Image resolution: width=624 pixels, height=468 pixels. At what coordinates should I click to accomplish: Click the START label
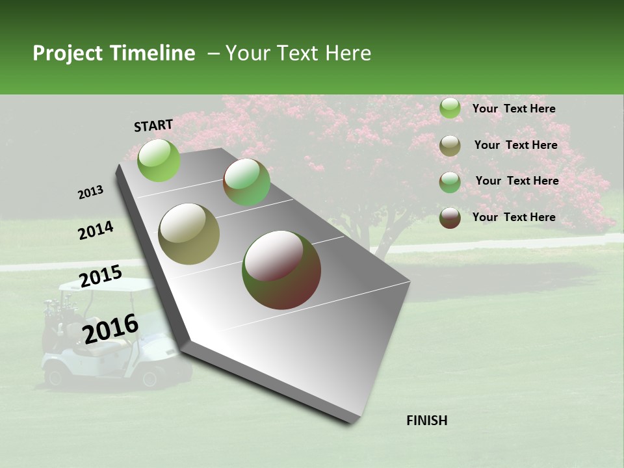[x=153, y=125]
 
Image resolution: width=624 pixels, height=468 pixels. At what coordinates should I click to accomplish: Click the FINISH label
[x=427, y=421]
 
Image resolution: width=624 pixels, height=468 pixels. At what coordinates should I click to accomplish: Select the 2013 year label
[x=91, y=192]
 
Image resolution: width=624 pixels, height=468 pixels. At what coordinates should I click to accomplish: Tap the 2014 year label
[x=96, y=231]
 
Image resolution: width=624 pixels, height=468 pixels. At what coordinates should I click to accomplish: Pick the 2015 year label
[x=101, y=276]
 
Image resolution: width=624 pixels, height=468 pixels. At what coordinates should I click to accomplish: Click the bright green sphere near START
[x=159, y=160]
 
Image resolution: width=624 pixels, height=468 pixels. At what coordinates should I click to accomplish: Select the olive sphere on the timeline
[x=189, y=234]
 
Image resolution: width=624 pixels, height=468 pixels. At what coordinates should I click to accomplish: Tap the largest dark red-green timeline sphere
[x=281, y=269]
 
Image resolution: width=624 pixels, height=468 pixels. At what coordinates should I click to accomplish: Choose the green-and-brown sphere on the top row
[x=247, y=182]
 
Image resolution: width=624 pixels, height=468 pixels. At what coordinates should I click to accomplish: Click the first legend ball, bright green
[x=450, y=109]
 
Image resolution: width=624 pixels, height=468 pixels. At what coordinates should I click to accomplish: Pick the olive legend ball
[x=450, y=146]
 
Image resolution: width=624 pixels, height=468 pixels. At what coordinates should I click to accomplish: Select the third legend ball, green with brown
[x=450, y=182]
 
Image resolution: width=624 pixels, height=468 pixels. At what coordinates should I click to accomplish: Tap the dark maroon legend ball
[x=450, y=218]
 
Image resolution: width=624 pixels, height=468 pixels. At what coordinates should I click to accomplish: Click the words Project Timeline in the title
[x=114, y=53]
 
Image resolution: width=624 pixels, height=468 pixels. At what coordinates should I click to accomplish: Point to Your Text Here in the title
[x=298, y=53]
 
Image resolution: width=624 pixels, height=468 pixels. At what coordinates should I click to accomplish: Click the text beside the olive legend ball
[x=515, y=145]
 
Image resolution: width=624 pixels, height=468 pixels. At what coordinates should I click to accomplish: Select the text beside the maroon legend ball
[x=513, y=217]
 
